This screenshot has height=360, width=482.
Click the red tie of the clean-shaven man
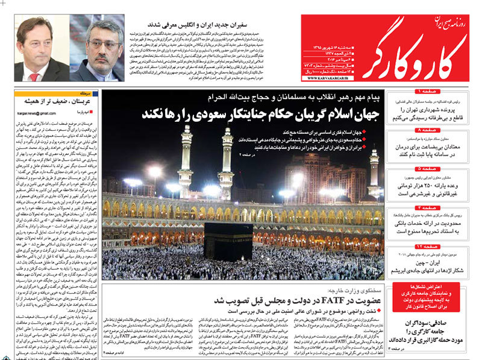click(34, 77)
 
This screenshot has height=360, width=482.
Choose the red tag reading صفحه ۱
click(429, 91)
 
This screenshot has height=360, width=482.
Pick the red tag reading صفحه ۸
click(429, 130)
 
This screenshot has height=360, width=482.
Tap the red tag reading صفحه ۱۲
click(428, 247)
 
